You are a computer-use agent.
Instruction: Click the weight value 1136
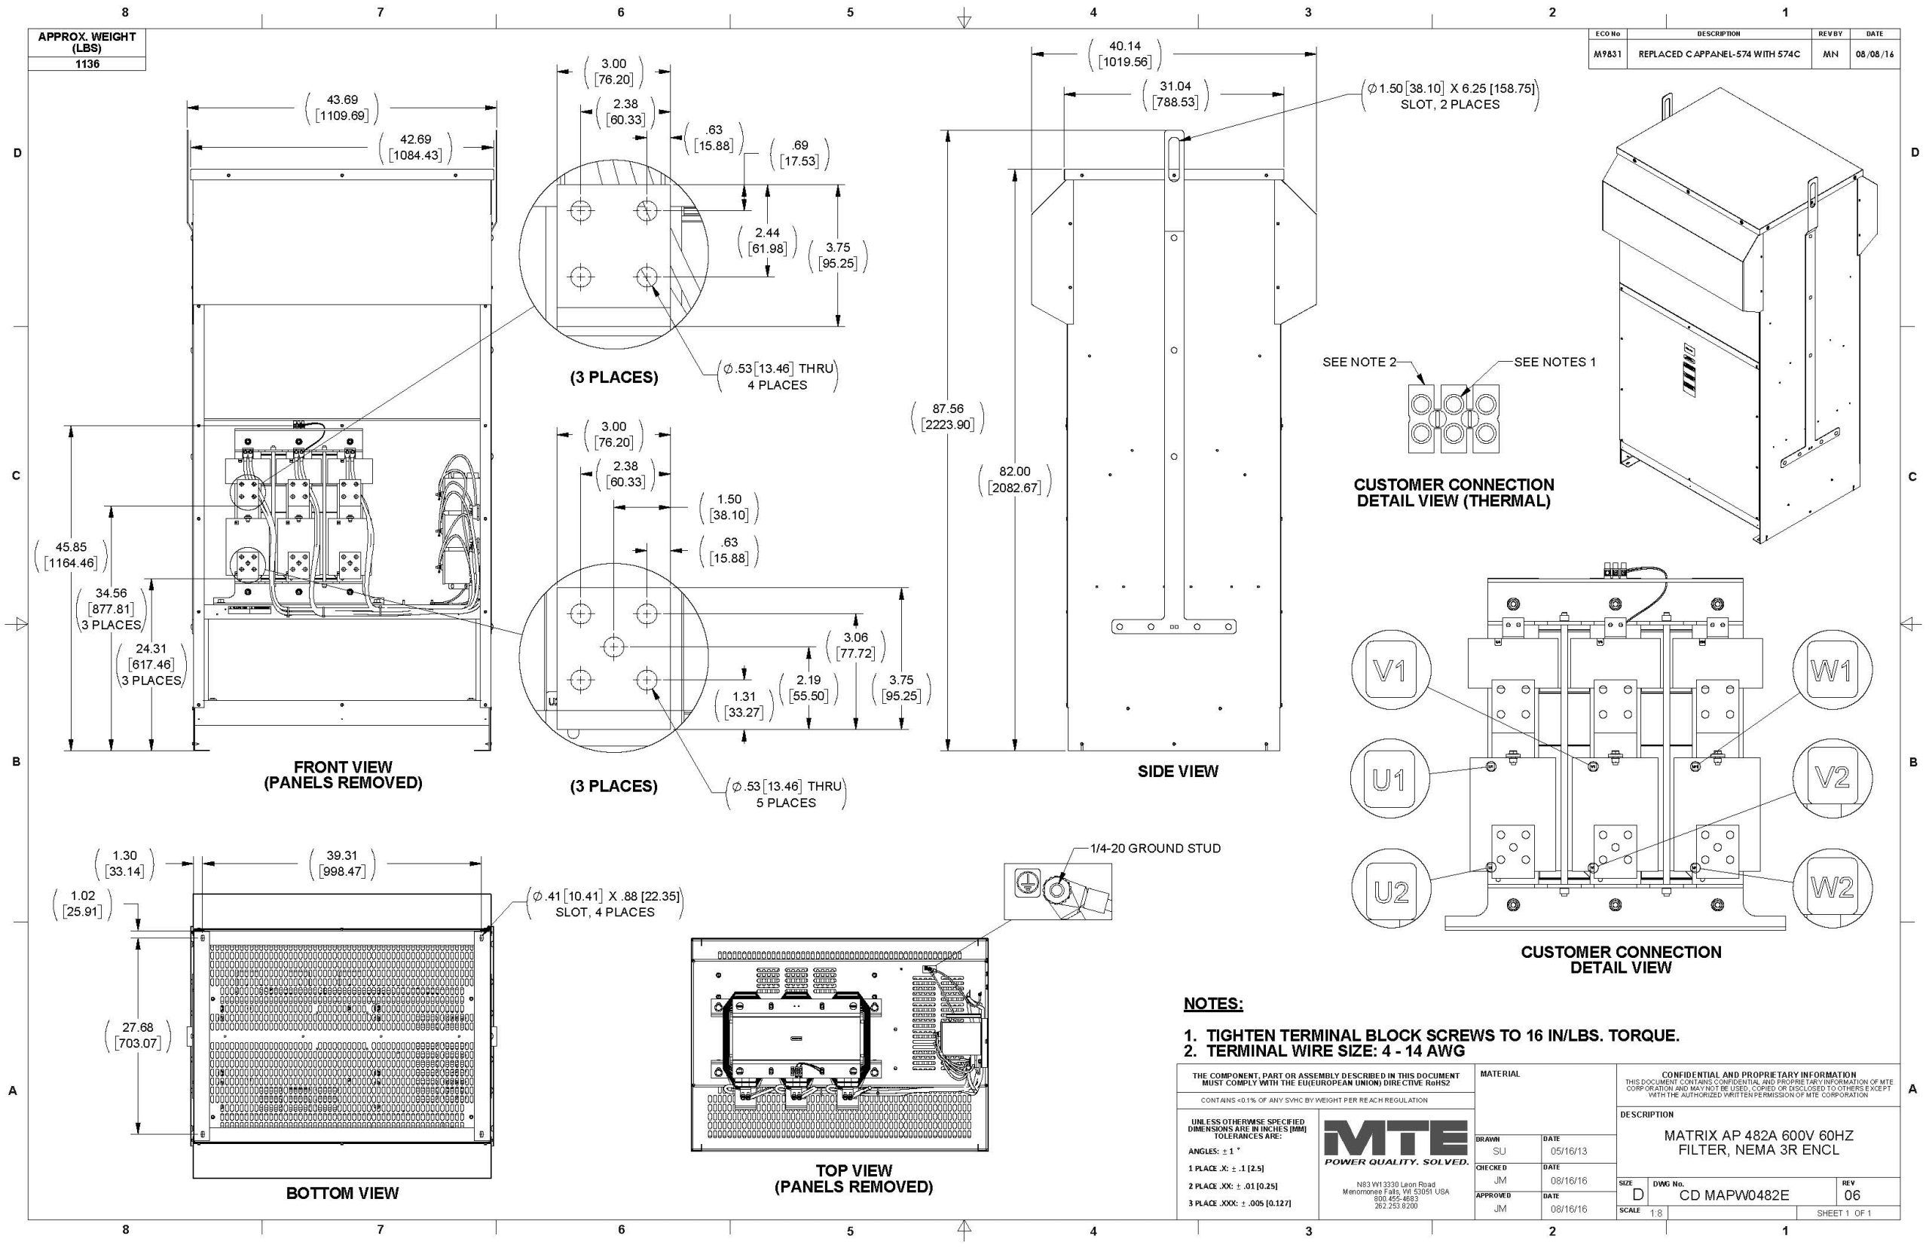pyautogui.click(x=87, y=64)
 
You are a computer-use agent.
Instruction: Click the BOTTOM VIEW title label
pyautogui.click(x=342, y=1193)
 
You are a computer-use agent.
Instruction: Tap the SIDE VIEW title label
pyautogui.click(x=1177, y=772)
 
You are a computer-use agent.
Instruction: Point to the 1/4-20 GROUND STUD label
pyautogui.click(x=1155, y=849)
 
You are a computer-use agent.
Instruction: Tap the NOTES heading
pyautogui.click(x=1213, y=1003)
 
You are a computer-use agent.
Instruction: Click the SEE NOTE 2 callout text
pyautogui.click(x=1359, y=362)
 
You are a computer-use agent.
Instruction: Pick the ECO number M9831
pyautogui.click(x=1607, y=54)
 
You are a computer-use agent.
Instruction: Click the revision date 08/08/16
pyautogui.click(x=1875, y=54)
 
